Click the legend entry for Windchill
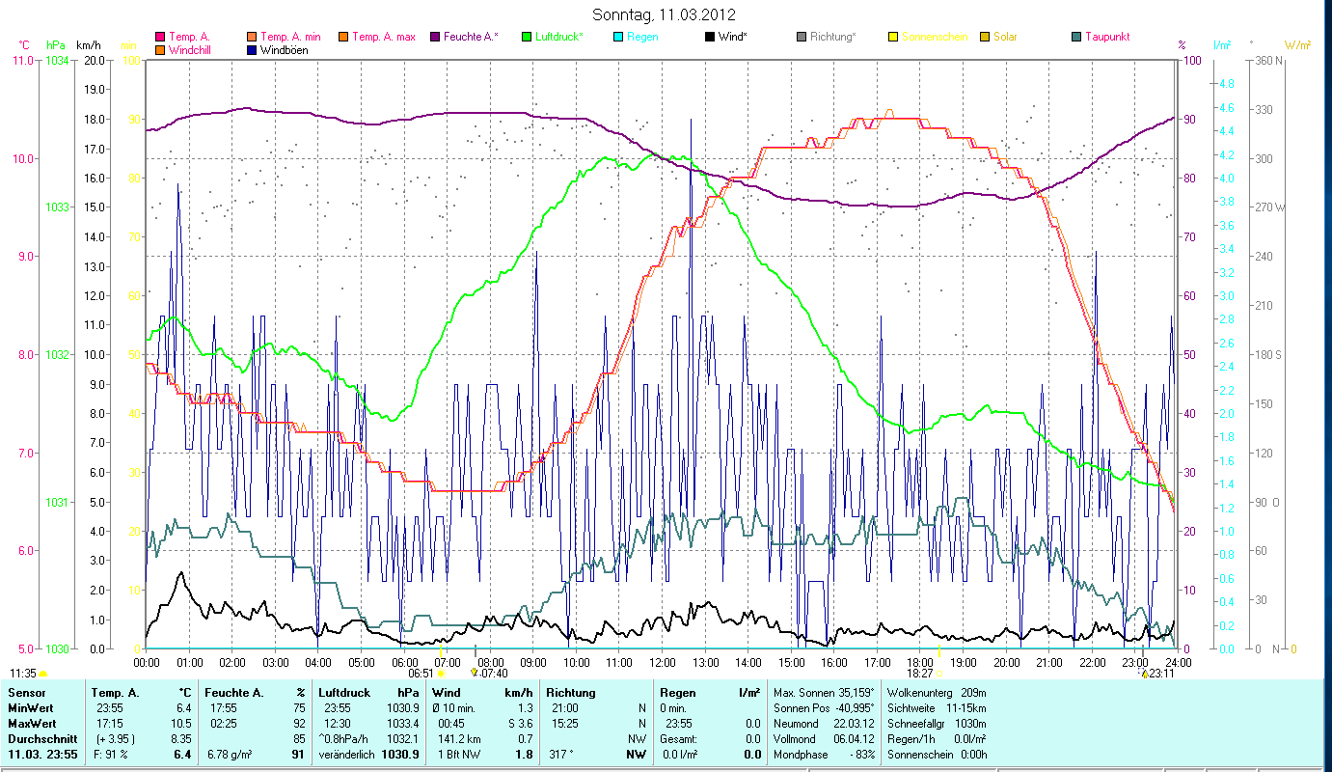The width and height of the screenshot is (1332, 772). point(189,50)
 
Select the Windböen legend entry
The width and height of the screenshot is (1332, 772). point(284,50)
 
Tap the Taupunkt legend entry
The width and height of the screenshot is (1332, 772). point(1106,37)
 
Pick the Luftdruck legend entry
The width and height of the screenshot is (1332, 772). point(560,37)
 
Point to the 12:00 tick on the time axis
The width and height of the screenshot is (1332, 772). point(662,662)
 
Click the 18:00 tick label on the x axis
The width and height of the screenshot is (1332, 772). point(920,662)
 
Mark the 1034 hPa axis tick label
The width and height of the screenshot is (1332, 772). point(57,61)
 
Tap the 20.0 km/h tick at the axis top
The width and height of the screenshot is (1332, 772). point(95,61)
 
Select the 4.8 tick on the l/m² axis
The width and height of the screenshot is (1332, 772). point(1226,84)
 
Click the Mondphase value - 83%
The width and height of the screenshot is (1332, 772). point(858,754)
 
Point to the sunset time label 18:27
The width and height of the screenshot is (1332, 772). point(920,673)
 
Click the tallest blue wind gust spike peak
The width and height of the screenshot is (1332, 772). point(691,120)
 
